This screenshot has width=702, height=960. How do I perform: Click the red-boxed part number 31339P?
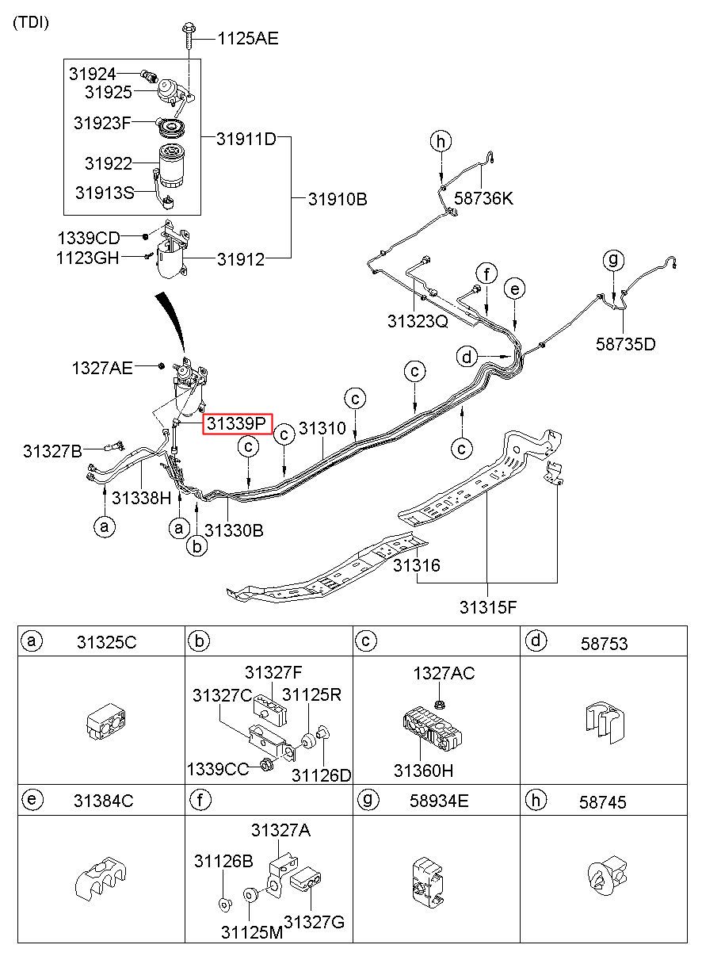pos(237,424)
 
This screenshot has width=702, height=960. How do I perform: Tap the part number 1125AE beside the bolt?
pos(248,39)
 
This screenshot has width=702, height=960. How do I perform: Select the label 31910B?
pos(338,199)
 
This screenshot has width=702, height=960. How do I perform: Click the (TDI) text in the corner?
pos(31,22)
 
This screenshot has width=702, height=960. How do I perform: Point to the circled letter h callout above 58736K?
pos(441,141)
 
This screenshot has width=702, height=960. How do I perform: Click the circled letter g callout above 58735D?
pos(613,260)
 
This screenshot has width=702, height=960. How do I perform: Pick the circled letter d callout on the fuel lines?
pos(467,357)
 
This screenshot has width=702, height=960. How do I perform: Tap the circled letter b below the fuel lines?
pos(197,546)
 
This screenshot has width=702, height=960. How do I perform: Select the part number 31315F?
pos(488,607)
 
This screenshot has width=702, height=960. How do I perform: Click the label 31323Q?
pos(418,321)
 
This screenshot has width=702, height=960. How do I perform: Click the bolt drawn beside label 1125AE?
pos(188,38)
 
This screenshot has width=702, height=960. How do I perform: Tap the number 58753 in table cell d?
pos(604,644)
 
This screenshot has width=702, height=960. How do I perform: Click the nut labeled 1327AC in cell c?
pos(439,703)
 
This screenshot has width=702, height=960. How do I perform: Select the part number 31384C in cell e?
pos(104,801)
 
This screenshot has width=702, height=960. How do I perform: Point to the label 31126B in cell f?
pos(223,861)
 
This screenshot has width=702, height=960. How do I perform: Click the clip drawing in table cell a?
pos(106,721)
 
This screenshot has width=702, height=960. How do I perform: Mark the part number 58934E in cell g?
pos(439,801)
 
